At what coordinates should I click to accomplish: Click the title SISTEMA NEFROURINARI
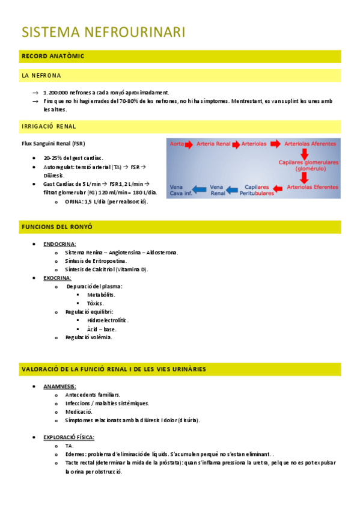coord(103,32)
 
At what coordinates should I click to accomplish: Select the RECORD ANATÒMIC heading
coord(53,57)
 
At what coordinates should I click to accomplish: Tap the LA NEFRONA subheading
coord(41,76)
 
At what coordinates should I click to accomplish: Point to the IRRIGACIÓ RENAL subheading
coord(49,126)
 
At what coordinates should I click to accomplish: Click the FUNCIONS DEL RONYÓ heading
coord(56,227)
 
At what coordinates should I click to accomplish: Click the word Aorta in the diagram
coord(177,144)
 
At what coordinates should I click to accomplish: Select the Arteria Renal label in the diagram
coord(213,144)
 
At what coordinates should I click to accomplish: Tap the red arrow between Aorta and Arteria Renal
coord(189,144)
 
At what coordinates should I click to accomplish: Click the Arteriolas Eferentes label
coord(313,187)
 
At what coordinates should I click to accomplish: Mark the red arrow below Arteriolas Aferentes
coord(305,154)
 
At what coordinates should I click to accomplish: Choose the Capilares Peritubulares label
coord(257,190)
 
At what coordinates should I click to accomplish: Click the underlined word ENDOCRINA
coord(59,244)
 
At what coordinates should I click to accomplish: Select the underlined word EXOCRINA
coord(58,278)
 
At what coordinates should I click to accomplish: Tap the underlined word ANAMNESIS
coord(59,386)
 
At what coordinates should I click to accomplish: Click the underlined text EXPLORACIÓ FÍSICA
coord(69,437)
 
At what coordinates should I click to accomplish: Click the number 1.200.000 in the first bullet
coord(55,93)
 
